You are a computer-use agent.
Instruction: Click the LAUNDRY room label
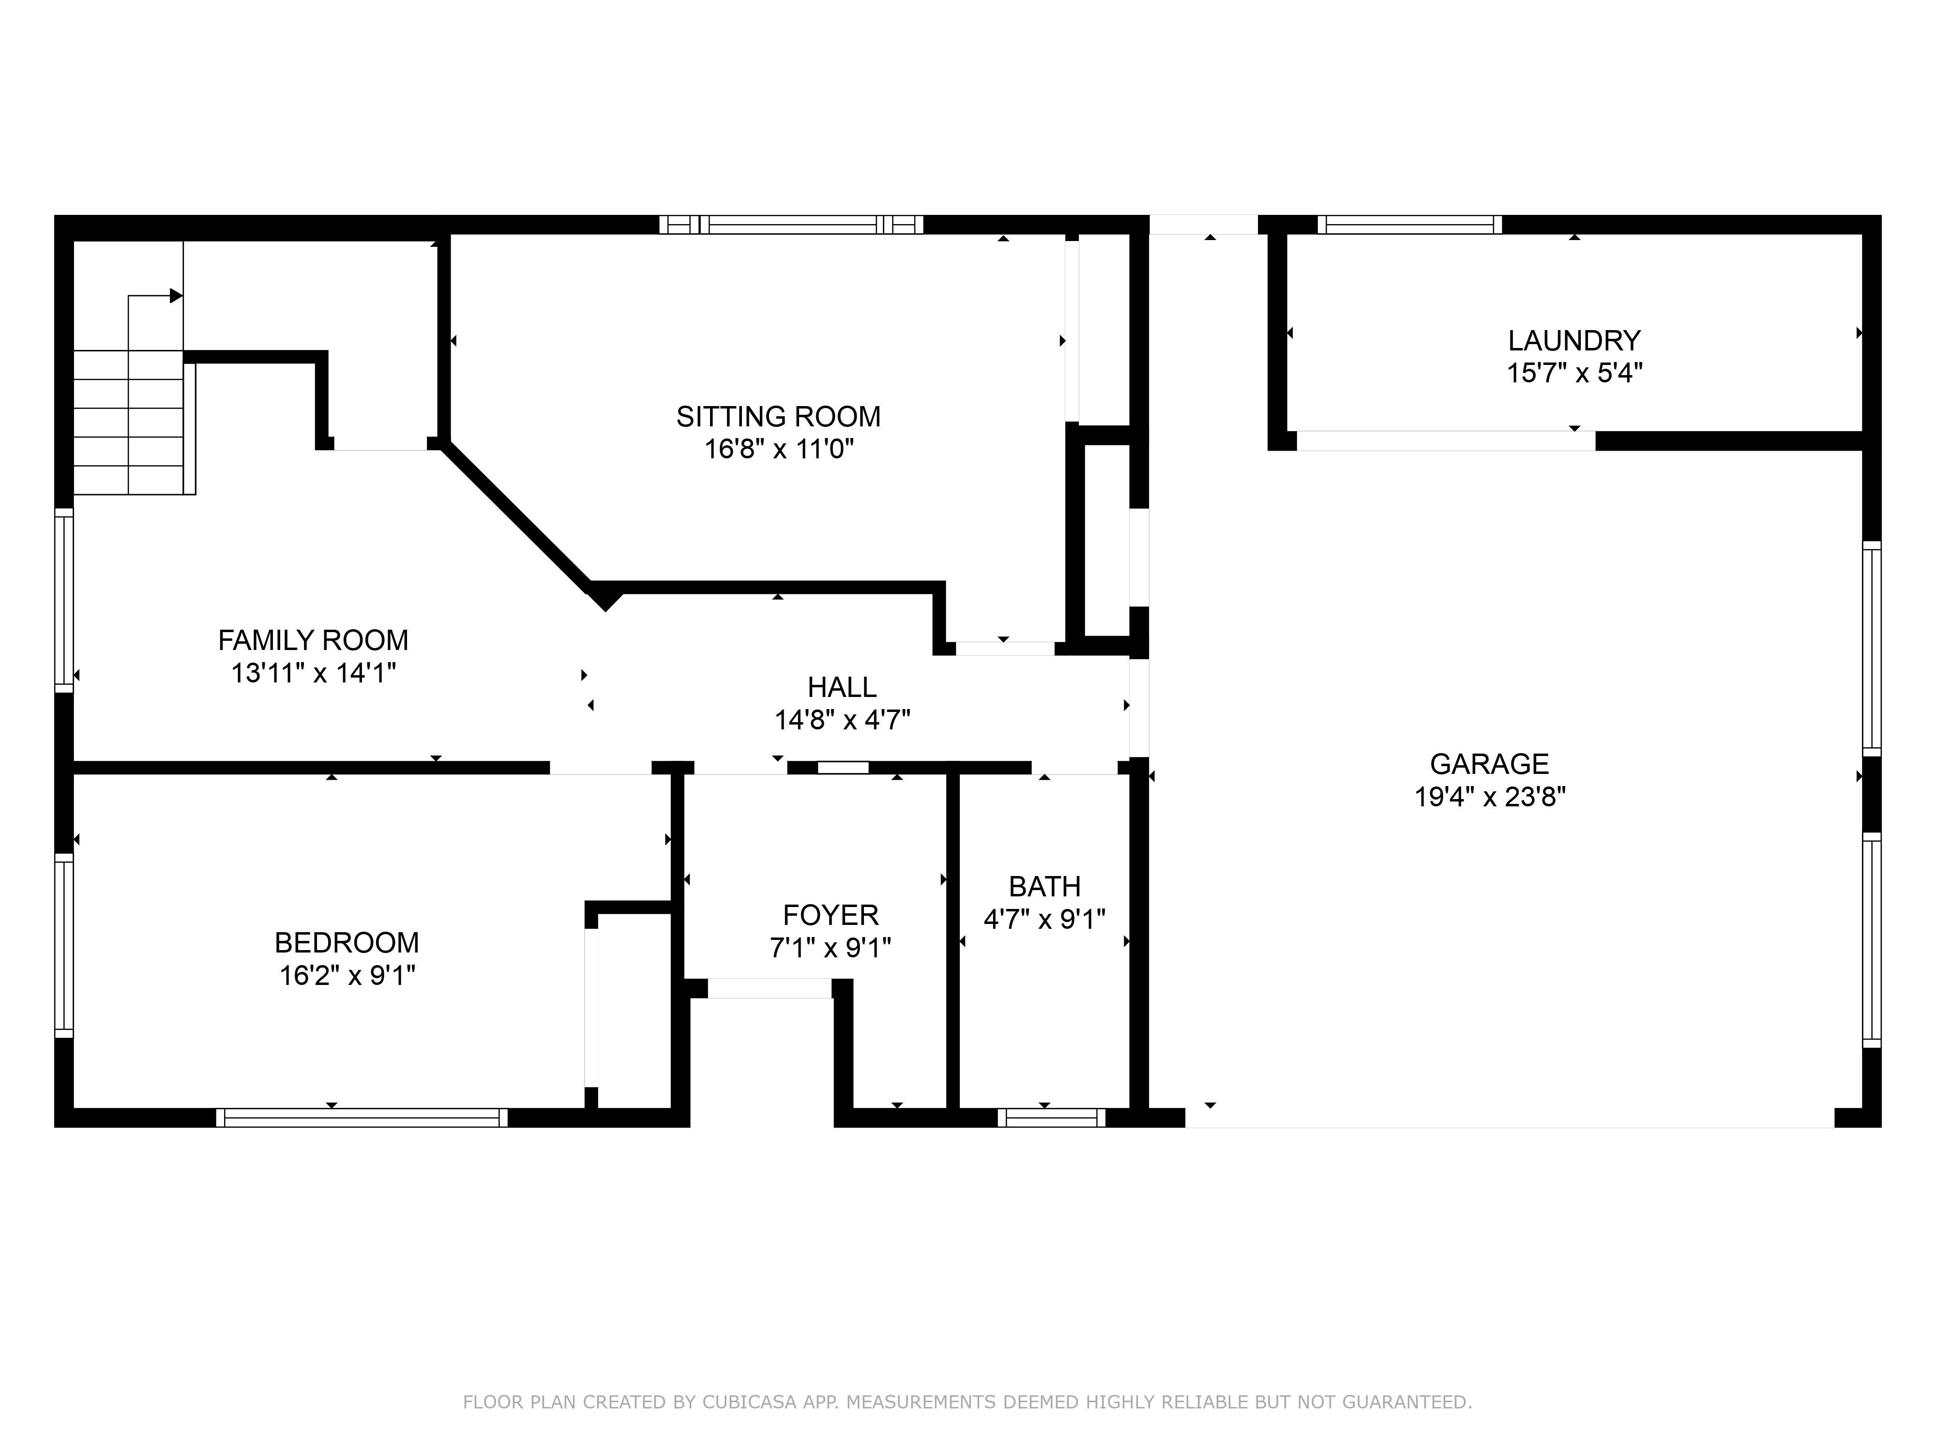1573,340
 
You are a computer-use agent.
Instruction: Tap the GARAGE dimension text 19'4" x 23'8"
1490,797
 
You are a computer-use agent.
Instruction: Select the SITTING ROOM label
778,417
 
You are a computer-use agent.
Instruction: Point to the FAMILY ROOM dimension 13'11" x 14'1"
313,673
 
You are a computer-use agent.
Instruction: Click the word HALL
842,687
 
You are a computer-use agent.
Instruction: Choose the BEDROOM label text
347,943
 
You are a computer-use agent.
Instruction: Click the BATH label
1044,887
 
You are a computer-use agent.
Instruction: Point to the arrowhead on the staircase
176,296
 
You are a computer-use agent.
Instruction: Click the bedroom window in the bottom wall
362,1118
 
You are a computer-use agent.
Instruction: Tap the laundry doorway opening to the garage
1444,441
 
